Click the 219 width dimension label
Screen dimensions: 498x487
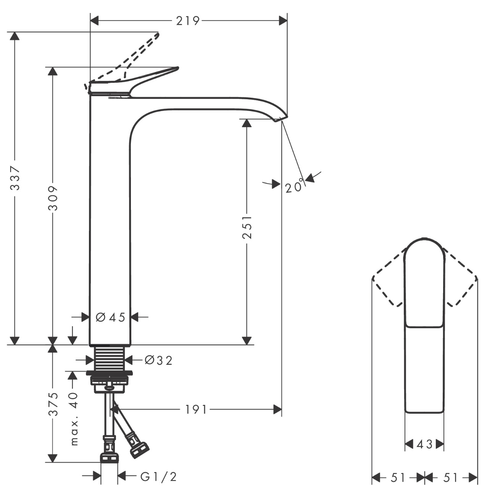pos(187,21)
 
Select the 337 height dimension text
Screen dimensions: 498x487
pos(15,178)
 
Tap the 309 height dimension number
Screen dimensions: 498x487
pos(53,198)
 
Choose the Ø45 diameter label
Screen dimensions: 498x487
pos(110,317)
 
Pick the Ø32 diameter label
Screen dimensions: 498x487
pos(158,360)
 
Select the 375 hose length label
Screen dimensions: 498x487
pos(53,404)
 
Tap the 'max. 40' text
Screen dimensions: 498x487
pos(74,418)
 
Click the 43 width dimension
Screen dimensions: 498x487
pos(424,444)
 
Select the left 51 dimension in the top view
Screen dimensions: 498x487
pos(398,477)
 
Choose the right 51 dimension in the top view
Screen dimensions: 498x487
pos(451,477)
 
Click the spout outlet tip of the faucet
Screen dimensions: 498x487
pos(281,119)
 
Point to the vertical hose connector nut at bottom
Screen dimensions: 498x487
pos(109,456)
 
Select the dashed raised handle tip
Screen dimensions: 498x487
pos(157,35)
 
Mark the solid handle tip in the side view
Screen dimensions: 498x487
pos(176,69)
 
